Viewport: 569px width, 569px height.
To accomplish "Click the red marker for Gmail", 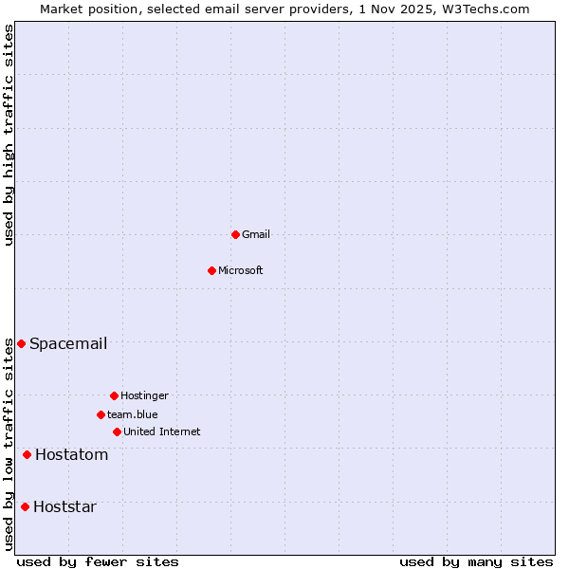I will pos(235,234).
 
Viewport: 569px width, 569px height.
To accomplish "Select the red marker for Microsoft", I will pos(212,270).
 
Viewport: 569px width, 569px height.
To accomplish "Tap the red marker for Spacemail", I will pos(21,343).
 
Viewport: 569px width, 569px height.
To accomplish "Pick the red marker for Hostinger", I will pos(114,395).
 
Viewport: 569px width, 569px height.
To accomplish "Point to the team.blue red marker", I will pos(101,414).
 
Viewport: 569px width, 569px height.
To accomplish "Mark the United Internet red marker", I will pos(117,431).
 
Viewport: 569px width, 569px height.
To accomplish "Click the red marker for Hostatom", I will pos(27,455).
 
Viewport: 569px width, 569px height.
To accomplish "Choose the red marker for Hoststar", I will pos(25,506).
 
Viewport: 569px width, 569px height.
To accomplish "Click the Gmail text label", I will pos(256,234).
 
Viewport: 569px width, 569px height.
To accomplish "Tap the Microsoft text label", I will pos(241,270).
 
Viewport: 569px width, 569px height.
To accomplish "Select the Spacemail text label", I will pos(68,343).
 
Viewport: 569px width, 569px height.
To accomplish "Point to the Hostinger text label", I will pos(144,395).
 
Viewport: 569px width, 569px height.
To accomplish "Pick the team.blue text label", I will pos(133,414).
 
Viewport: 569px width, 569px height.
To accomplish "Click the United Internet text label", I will pos(162,431).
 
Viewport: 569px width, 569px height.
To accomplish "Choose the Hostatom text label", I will pos(72,455).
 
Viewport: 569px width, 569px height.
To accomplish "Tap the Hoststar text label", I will pos(64,506).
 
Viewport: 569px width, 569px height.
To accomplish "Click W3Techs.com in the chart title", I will pos(492,9).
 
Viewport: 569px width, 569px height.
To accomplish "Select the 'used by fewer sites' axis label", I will pos(98,561).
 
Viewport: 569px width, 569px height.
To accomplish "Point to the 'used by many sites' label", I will pos(476,561).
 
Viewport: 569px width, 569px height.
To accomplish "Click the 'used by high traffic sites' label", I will pos(9,135).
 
